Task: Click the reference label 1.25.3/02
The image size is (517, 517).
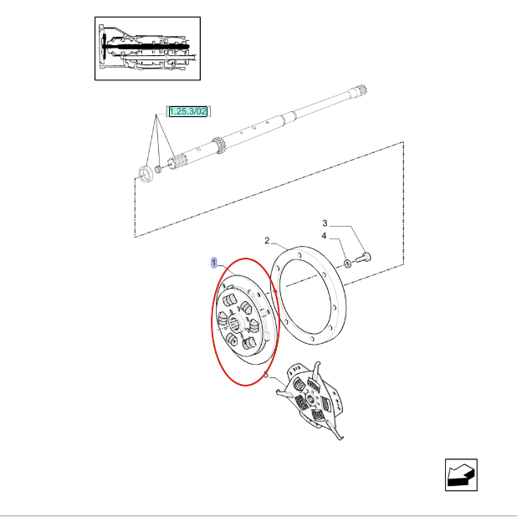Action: coord(188,111)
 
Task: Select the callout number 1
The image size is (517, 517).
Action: coord(214,263)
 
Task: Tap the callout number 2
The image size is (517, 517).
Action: coord(267,241)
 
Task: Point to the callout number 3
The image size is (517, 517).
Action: coord(325,223)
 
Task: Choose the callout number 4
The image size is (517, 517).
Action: coord(324,236)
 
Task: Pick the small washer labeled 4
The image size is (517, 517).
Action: coord(347,264)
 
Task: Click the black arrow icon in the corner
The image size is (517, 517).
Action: coord(461,475)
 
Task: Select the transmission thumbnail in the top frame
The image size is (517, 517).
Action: coord(147,49)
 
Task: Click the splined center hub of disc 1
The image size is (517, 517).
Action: coord(235,322)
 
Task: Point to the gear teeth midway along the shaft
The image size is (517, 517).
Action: coord(218,145)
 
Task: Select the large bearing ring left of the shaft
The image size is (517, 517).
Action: coord(145,173)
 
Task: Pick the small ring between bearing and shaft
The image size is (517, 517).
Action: coord(158,169)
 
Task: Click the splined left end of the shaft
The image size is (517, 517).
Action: coord(175,161)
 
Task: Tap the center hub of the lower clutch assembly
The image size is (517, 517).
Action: coord(310,400)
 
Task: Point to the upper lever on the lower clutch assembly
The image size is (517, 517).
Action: coord(316,370)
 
